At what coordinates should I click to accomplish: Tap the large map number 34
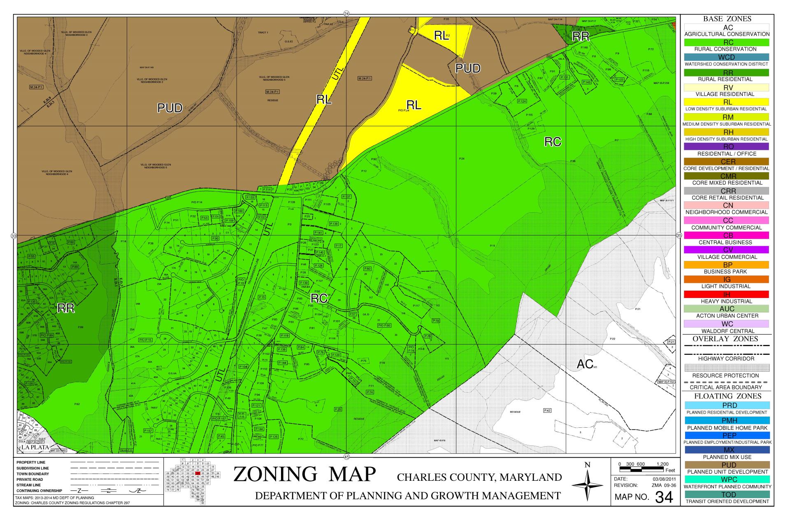click(664, 497)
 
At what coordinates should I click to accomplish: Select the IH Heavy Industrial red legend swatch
click(727, 294)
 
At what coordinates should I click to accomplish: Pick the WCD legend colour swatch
click(727, 57)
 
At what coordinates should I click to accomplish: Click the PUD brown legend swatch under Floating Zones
click(727, 465)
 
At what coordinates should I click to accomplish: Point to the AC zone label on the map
click(585, 364)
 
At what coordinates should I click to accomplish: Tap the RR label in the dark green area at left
click(66, 308)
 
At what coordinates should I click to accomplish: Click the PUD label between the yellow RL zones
click(468, 68)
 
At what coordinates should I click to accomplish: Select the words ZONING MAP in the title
click(304, 474)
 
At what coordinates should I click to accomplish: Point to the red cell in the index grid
click(197, 473)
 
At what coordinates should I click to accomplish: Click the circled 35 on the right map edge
click(679, 235)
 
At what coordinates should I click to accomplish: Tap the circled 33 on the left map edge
click(13, 236)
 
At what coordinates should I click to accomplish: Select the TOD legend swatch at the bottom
click(727, 494)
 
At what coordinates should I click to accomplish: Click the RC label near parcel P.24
click(553, 142)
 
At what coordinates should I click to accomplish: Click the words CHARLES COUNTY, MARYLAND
click(479, 477)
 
